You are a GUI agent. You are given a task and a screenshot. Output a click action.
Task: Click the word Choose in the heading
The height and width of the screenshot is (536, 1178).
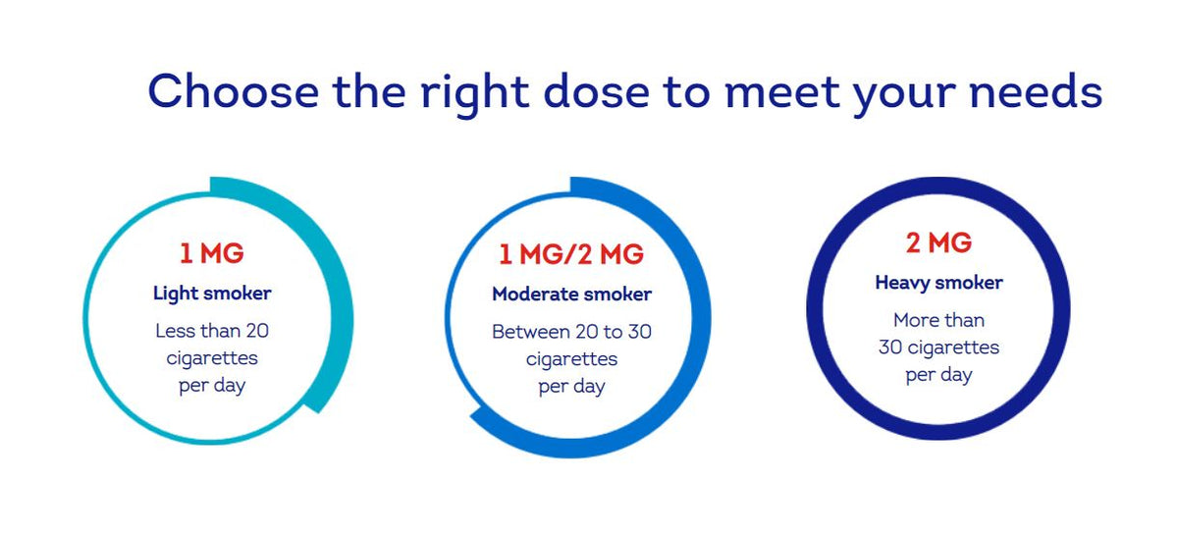pos(234,91)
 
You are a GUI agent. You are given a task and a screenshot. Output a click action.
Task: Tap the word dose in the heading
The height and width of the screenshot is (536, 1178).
pos(596,91)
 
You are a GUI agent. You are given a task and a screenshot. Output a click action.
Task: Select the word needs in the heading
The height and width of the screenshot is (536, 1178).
pos(1036,91)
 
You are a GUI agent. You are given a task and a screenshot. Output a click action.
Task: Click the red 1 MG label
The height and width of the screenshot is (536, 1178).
pos(212,253)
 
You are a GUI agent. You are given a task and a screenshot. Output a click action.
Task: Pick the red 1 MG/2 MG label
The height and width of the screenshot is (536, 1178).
pos(571,254)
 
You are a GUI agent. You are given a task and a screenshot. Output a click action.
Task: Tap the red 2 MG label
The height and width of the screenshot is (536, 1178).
pos(938,242)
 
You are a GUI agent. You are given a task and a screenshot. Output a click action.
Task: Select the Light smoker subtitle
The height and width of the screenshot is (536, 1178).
pos(212,294)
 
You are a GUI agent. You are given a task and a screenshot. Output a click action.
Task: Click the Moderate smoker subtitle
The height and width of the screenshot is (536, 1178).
pos(571,295)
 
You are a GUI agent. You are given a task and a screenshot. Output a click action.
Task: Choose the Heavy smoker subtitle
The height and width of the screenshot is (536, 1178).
pos(938,283)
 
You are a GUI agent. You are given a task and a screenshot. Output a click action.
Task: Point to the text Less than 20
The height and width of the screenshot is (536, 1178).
pos(212,331)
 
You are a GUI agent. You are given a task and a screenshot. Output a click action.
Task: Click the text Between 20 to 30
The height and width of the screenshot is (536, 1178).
pos(571,332)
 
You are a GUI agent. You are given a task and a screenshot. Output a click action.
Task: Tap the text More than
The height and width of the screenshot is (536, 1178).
pos(938,320)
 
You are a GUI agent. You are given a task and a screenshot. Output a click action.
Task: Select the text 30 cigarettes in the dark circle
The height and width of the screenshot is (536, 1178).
pos(938,348)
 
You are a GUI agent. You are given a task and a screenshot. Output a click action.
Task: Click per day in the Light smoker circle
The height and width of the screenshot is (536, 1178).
pos(212,386)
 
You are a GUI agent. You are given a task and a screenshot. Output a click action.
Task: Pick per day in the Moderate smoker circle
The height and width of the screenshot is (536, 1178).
pos(571,387)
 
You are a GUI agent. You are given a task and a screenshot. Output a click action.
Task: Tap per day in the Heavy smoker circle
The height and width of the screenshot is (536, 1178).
pos(938,375)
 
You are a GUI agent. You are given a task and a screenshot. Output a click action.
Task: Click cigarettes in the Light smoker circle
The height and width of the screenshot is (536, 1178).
pos(212,358)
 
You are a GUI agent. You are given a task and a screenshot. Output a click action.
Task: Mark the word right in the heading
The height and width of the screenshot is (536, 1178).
pos(475,94)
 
